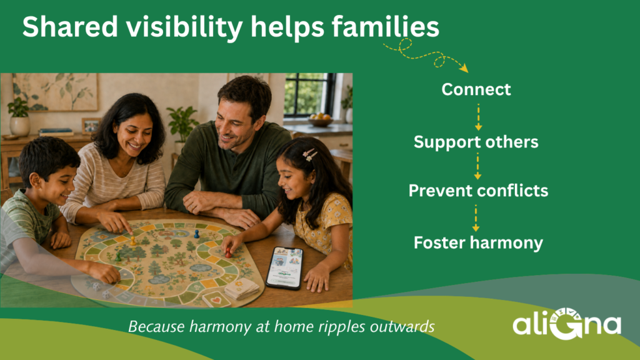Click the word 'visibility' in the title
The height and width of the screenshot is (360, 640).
(184, 27)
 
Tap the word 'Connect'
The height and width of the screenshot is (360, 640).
(476, 89)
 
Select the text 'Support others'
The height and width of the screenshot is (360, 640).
(476, 142)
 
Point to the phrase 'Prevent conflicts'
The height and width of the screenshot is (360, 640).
(478, 191)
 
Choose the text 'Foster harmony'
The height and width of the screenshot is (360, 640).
(478, 242)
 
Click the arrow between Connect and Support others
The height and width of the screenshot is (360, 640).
(478, 117)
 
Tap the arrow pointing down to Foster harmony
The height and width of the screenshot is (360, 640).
(476, 218)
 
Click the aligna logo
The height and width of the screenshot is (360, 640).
(567, 324)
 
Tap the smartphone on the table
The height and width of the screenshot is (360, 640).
(285, 267)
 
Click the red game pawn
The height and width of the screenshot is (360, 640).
(229, 253)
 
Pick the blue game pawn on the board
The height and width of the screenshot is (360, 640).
(197, 234)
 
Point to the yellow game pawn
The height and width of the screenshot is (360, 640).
(133, 241)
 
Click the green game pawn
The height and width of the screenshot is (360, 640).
(118, 257)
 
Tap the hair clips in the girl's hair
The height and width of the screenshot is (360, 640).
(310, 155)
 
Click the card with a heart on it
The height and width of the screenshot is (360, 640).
(216, 300)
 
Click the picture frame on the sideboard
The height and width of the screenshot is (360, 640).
(91, 126)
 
